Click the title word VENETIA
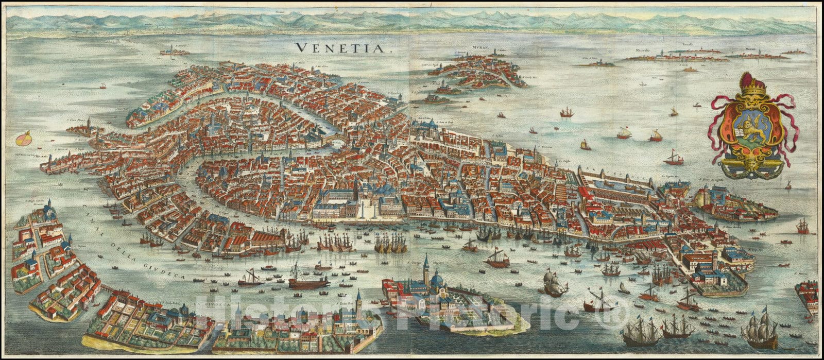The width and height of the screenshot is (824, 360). coord(342,48)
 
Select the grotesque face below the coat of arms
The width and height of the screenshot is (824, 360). coord(754,165)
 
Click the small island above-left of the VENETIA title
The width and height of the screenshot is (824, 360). coord(174,52)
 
